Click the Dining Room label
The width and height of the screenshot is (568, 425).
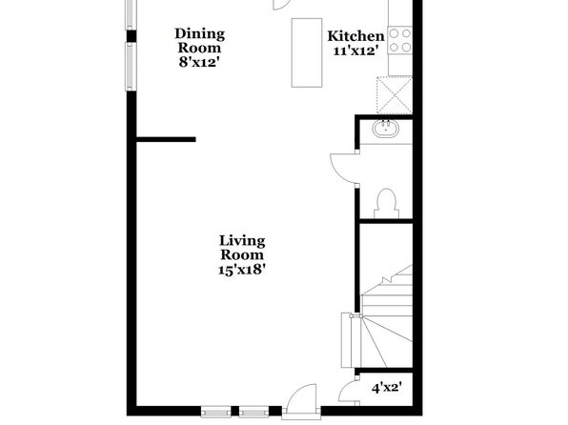[199, 41]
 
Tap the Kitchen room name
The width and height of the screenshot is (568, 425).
[355, 36]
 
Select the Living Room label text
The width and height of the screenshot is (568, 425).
[242, 248]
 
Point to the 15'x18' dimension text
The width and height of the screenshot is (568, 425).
[242, 270]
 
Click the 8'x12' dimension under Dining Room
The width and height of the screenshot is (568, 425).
[199, 62]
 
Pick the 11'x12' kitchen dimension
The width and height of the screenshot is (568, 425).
[354, 51]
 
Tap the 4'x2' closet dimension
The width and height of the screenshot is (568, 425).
[387, 388]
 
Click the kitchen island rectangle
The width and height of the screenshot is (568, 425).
[307, 52]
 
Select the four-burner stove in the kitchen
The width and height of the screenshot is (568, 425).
[400, 40]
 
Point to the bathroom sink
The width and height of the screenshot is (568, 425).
[386, 129]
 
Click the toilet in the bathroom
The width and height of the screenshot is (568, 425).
[386, 204]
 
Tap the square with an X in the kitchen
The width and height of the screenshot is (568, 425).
[395, 95]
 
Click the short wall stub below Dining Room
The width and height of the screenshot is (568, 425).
[166, 139]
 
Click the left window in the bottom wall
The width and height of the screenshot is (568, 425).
[216, 412]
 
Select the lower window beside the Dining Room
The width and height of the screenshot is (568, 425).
[131, 67]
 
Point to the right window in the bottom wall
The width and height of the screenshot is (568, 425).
[254, 412]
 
